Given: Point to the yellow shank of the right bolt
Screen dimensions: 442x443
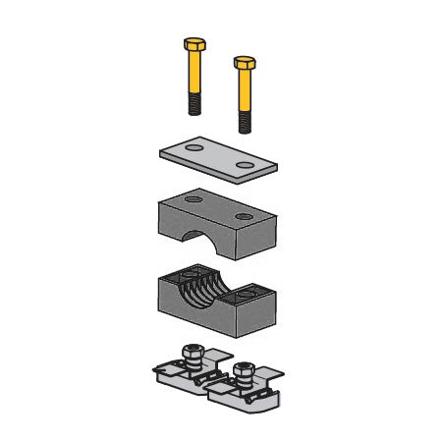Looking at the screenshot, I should (244, 93).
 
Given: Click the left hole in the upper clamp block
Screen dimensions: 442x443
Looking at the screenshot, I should (193, 198).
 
